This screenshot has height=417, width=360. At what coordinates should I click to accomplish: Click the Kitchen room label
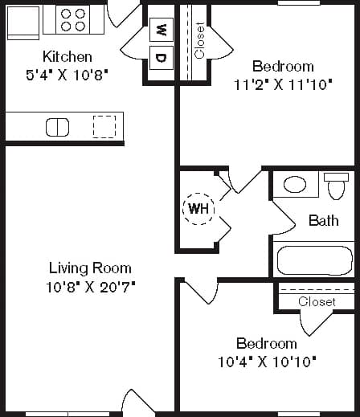pyautogui.click(x=67, y=57)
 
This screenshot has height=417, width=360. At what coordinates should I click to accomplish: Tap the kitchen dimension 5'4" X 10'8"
pyautogui.click(x=67, y=73)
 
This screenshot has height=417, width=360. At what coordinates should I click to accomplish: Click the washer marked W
pyautogui.click(x=161, y=31)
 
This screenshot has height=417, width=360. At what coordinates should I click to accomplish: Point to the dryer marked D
pyautogui.click(x=161, y=57)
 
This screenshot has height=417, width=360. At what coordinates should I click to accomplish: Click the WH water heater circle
pyautogui.click(x=198, y=209)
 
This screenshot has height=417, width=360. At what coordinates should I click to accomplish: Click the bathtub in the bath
pyautogui.click(x=314, y=260)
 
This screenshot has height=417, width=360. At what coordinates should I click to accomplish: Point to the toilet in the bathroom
pyautogui.click(x=336, y=186)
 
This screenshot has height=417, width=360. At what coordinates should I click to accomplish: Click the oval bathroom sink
pyautogui.click(x=295, y=185)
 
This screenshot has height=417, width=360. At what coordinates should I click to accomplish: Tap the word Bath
pyautogui.click(x=323, y=220)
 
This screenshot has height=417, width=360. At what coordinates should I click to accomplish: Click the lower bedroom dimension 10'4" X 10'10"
pyautogui.click(x=267, y=361)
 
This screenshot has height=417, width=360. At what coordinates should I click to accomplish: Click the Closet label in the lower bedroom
pyautogui.click(x=316, y=301)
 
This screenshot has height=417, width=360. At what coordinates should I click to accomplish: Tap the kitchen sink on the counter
pyautogui.click(x=57, y=127)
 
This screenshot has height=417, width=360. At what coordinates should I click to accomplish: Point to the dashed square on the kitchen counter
pyautogui.click(x=104, y=127)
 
